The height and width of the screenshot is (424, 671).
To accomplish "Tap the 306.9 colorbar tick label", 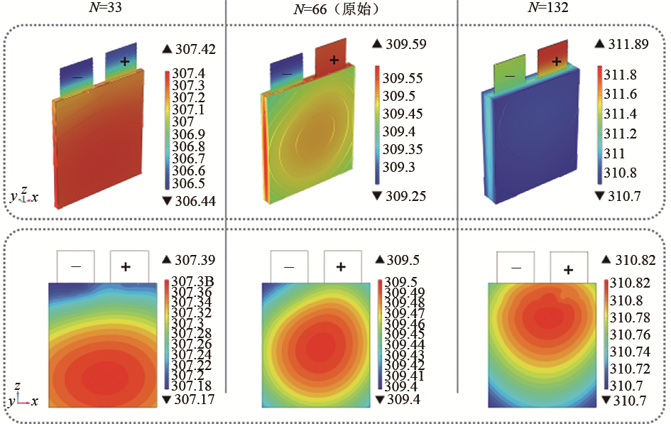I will pyautogui.click(x=189, y=134).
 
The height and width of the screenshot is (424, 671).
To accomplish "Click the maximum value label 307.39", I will pyautogui.click(x=190, y=261).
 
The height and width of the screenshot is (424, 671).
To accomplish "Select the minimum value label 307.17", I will pyautogui.click(x=190, y=399).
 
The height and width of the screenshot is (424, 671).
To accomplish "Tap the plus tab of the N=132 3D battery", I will pyautogui.click(x=556, y=59).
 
